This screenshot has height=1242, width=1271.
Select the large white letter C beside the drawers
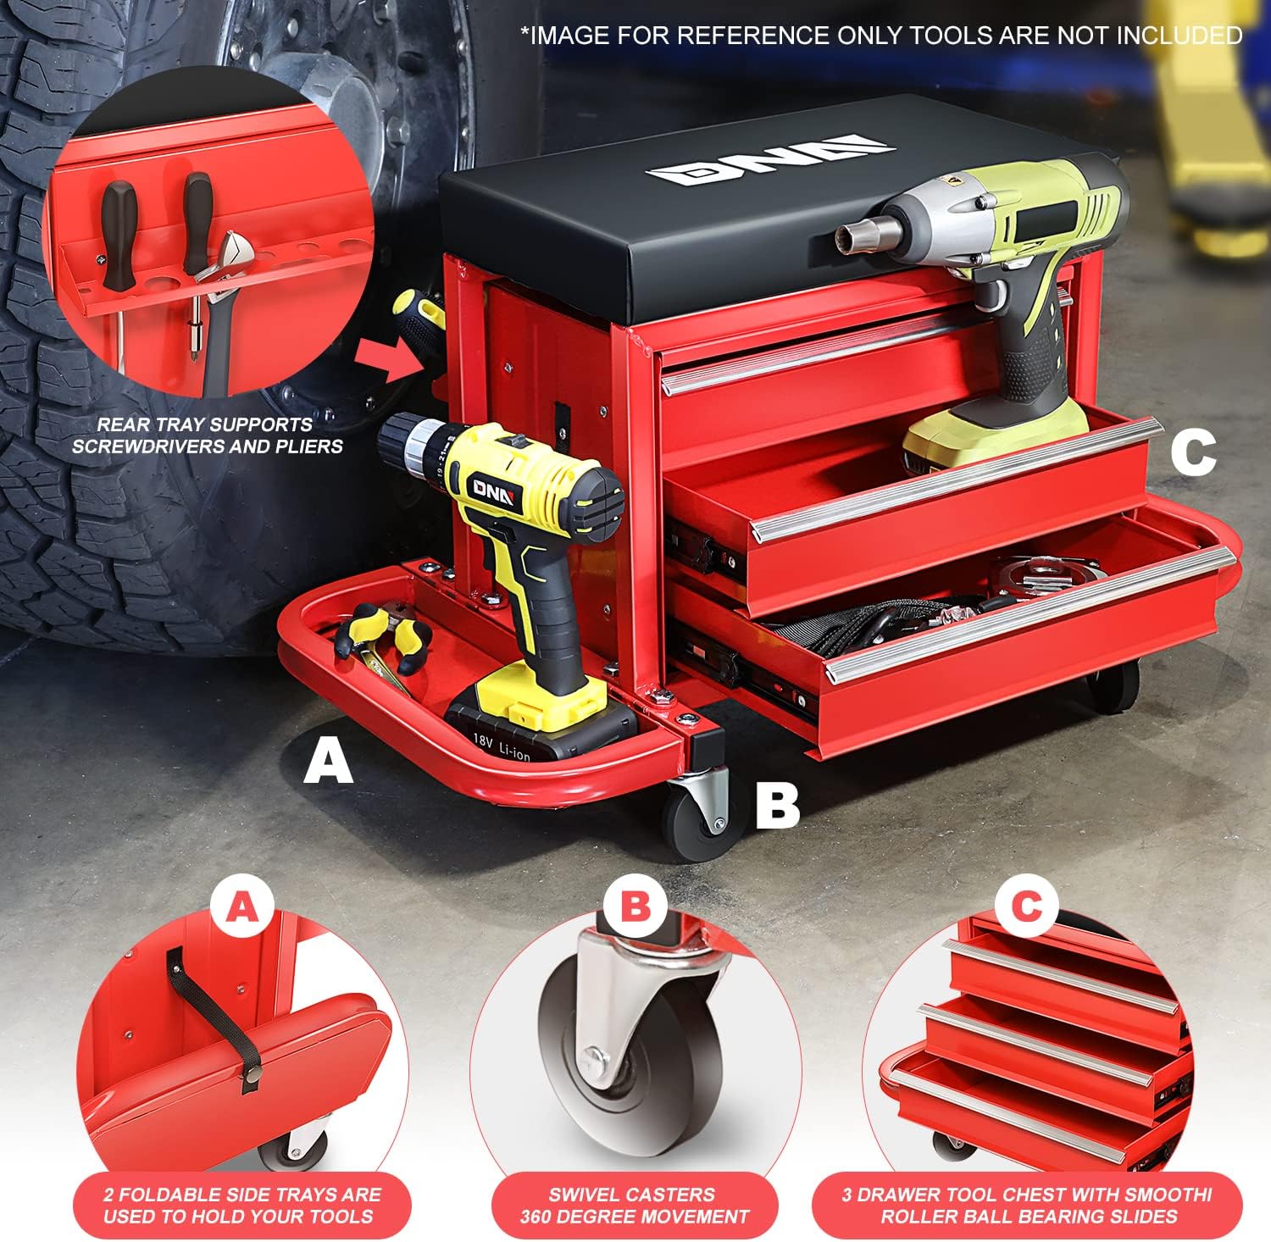tap(1193, 452)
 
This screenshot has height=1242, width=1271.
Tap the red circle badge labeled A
tap(243, 908)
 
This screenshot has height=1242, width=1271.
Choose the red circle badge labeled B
tap(635, 908)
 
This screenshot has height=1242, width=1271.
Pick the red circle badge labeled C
tap(1027, 908)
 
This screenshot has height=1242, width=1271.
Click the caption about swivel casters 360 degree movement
tap(635, 1206)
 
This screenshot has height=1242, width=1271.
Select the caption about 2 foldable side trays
tap(243, 1206)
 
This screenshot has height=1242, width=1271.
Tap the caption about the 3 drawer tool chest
tap(1027, 1206)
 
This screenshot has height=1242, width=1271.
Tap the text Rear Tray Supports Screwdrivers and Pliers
tap(208, 435)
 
